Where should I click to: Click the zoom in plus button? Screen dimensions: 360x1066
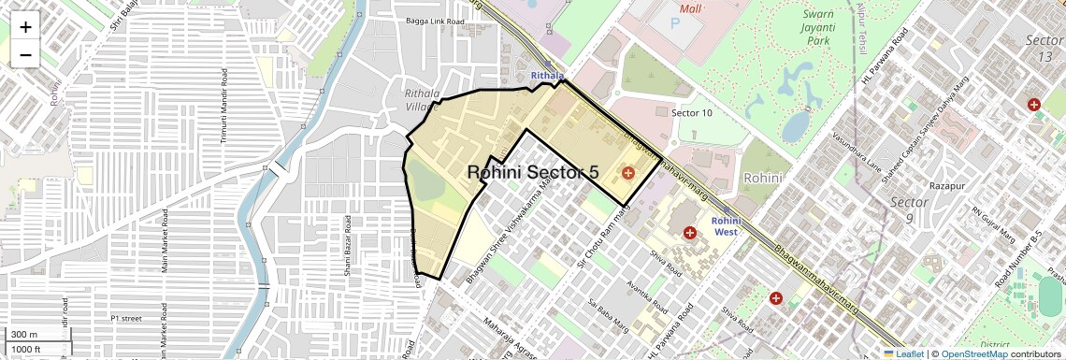click(x=25, y=26)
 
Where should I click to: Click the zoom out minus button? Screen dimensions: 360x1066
click(x=25, y=54)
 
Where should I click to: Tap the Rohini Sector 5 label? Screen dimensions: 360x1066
click(x=532, y=172)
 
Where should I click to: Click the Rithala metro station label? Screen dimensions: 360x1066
click(x=547, y=76)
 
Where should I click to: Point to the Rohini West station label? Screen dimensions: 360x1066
click(x=727, y=225)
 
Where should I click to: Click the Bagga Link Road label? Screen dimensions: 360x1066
click(x=437, y=20)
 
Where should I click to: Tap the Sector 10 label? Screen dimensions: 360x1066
click(x=692, y=112)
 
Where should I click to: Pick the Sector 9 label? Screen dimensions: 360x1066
click(x=909, y=210)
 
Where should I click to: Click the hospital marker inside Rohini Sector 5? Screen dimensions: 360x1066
click(x=627, y=173)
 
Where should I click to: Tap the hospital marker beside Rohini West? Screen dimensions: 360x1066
click(x=690, y=232)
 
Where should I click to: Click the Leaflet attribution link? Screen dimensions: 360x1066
click(x=903, y=353)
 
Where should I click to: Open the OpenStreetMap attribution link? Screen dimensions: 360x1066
click(x=974, y=353)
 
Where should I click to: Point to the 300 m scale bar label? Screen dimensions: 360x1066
click(x=24, y=335)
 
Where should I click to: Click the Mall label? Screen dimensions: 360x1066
click(x=691, y=9)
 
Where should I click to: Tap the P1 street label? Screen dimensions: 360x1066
click(x=125, y=318)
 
